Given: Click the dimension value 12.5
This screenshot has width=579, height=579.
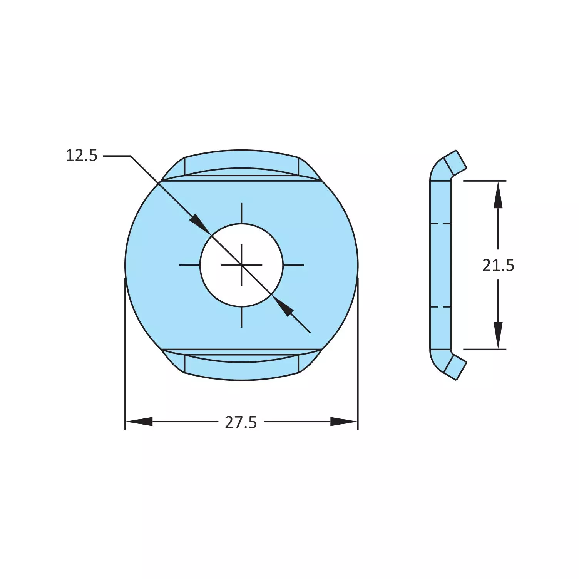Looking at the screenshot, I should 82,156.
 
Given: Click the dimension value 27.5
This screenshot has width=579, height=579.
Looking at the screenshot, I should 241,422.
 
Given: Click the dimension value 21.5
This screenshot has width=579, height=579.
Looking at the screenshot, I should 498,265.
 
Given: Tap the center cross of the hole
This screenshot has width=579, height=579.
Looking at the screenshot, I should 241,265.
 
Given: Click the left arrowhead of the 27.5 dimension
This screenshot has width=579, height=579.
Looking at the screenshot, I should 139,422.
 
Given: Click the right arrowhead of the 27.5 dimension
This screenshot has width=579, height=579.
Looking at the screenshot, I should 344,422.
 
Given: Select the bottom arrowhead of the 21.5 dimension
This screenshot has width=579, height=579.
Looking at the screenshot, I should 498,335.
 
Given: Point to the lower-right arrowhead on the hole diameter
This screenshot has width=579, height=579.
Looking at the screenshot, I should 284,307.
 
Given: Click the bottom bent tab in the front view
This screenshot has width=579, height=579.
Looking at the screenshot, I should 241,368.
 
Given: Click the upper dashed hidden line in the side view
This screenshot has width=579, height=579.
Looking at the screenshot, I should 440,223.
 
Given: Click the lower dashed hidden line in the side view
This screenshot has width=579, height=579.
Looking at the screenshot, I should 440,307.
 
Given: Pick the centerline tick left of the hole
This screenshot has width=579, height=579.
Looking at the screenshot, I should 189,265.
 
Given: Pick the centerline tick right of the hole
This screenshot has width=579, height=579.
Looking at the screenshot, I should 293,265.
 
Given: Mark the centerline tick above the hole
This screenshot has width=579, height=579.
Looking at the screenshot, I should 241,213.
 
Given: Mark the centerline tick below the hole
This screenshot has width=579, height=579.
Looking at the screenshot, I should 241,317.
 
